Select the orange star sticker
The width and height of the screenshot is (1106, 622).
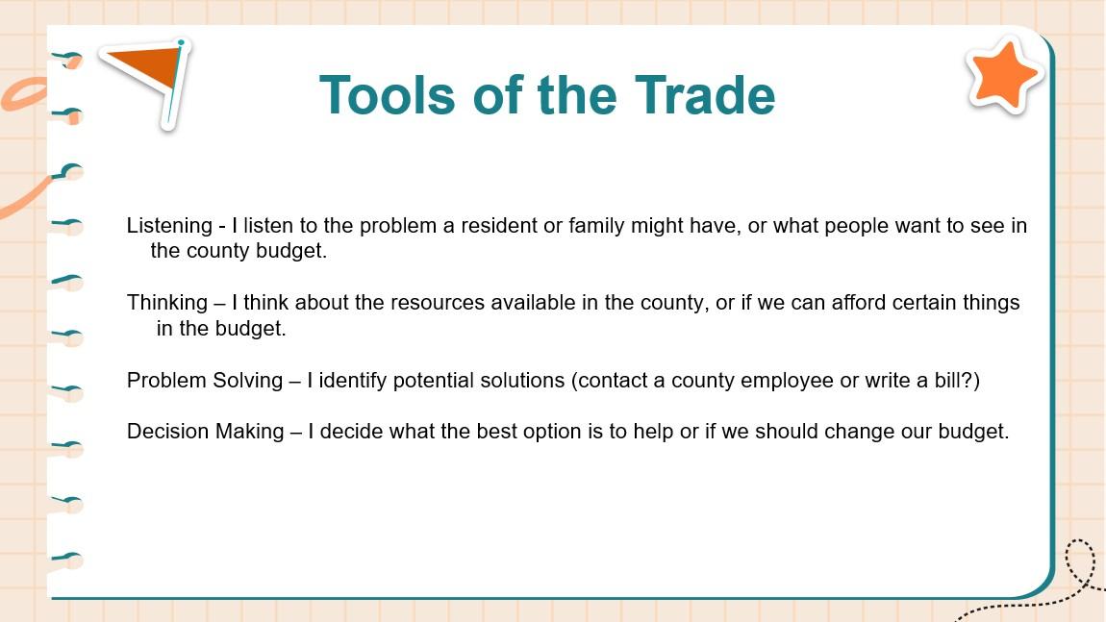tap(1004, 75)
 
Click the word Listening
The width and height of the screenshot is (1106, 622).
tap(169, 226)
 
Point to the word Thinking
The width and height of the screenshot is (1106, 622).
tap(167, 303)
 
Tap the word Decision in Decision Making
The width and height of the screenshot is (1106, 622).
tap(167, 432)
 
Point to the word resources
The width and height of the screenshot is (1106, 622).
tap(438, 303)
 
